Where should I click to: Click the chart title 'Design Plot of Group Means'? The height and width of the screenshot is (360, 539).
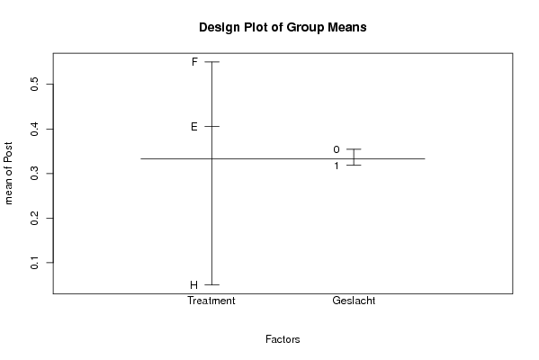(283, 28)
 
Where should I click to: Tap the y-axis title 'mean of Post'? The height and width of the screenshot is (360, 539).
(8, 173)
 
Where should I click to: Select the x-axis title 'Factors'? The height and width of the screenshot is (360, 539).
(283, 339)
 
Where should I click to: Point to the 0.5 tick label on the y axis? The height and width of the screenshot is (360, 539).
(34, 84)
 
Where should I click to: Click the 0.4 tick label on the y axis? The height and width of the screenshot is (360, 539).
(34, 129)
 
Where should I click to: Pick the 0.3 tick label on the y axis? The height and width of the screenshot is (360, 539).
(34, 174)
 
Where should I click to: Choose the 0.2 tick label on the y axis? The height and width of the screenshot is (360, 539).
(34, 218)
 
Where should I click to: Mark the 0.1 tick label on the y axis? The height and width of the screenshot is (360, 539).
(34, 262)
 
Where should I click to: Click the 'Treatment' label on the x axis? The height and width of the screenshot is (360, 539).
(211, 301)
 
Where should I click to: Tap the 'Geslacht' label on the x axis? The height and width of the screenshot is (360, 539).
(354, 301)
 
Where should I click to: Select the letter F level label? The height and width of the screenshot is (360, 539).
(194, 62)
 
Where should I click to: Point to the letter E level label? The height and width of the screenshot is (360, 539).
(194, 127)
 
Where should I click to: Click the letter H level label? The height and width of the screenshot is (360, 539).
(193, 285)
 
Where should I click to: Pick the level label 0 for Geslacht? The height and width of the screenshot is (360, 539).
(337, 149)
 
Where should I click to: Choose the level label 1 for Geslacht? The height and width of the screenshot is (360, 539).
(337, 166)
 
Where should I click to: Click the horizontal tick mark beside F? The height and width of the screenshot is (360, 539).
(211, 62)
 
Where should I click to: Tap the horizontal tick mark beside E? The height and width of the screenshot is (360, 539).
(211, 126)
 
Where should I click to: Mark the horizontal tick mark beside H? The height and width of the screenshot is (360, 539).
(211, 284)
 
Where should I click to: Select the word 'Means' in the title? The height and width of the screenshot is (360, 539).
(346, 28)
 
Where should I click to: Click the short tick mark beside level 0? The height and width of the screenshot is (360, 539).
(354, 149)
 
